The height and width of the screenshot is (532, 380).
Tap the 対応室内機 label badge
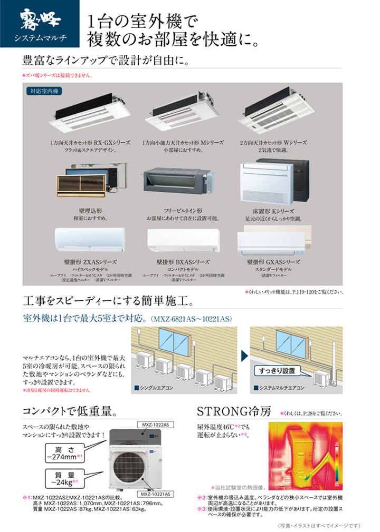(44, 91)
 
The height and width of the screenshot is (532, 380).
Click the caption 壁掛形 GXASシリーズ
(273, 262)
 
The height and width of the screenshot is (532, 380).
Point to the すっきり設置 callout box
(277, 371)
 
